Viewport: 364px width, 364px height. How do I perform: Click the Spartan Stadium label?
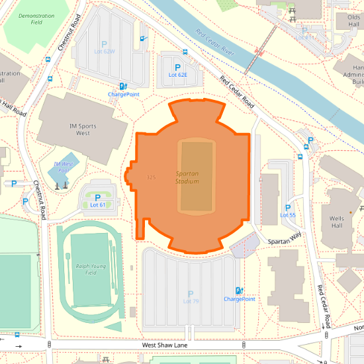pyautogui.click(x=187, y=177)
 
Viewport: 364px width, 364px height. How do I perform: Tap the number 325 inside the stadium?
pyautogui.click(x=151, y=177)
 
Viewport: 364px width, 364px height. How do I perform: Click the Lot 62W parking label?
pyautogui.click(x=104, y=51)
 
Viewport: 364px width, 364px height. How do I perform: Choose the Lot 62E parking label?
pyautogui.click(x=177, y=75)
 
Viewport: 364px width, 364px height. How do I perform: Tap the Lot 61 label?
pyautogui.click(x=97, y=205)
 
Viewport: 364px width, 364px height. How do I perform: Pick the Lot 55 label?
pyautogui.click(x=288, y=215)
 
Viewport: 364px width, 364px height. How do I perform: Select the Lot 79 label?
pyautogui.click(x=191, y=301)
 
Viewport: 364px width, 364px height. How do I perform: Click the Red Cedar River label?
pyautogui.click(x=216, y=42)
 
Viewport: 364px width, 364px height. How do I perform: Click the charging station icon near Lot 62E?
pyautogui.click(x=123, y=86)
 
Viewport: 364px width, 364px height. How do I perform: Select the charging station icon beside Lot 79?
pyautogui.click(x=238, y=291)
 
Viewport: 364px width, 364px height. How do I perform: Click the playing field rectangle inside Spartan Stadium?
pyautogui.click(x=197, y=177)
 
